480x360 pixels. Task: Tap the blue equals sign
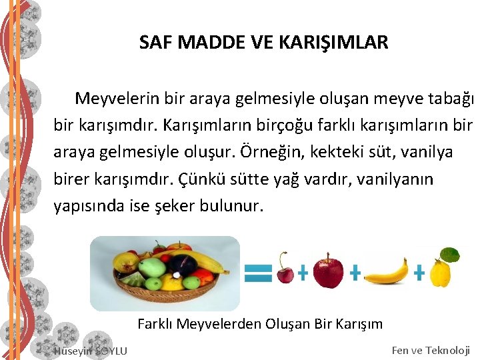tap(259, 273)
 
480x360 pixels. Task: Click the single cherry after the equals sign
tap(285, 270)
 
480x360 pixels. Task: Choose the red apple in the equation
tap(328, 271)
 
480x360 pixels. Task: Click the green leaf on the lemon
tap(451, 255)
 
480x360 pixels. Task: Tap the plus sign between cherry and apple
tap(303, 273)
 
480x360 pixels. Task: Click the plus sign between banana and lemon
tap(420, 273)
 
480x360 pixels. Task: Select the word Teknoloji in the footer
tap(448, 350)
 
